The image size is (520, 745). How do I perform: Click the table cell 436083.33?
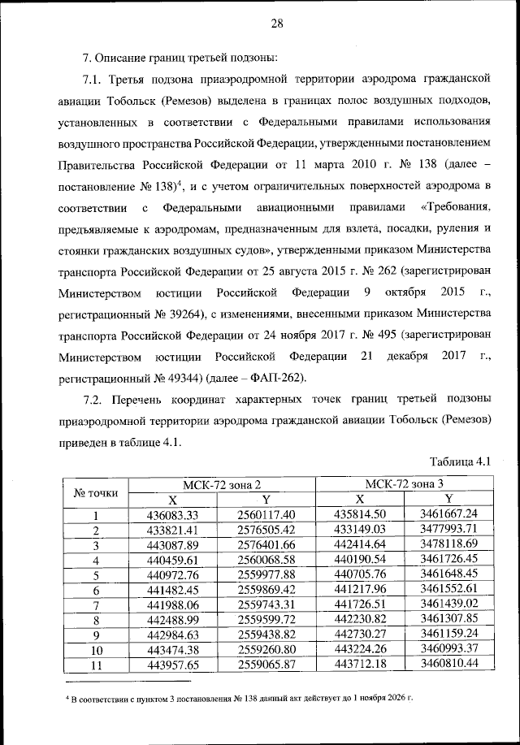coord(172,515)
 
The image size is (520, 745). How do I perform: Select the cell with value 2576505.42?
coord(266,530)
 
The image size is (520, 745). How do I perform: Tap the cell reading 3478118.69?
coord(448,544)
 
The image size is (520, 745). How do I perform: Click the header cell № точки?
coord(96,492)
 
